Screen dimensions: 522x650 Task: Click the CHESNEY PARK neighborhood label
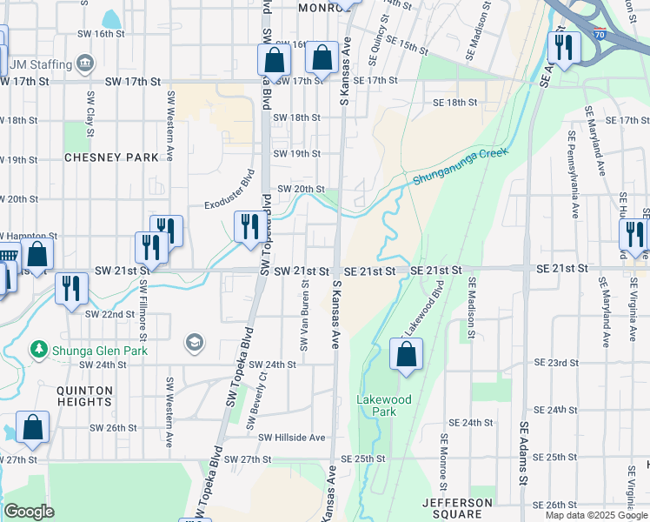tap(112, 157)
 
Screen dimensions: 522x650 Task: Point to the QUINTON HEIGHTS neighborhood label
tap(84, 397)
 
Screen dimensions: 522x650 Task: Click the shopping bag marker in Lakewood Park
tap(406, 354)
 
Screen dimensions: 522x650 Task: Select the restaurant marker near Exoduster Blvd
tap(249, 227)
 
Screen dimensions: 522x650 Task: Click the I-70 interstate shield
tap(600, 35)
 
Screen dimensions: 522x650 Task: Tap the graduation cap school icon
tap(194, 344)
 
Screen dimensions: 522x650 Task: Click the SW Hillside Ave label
tap(291, 438)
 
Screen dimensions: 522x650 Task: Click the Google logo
tap(29, 512)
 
